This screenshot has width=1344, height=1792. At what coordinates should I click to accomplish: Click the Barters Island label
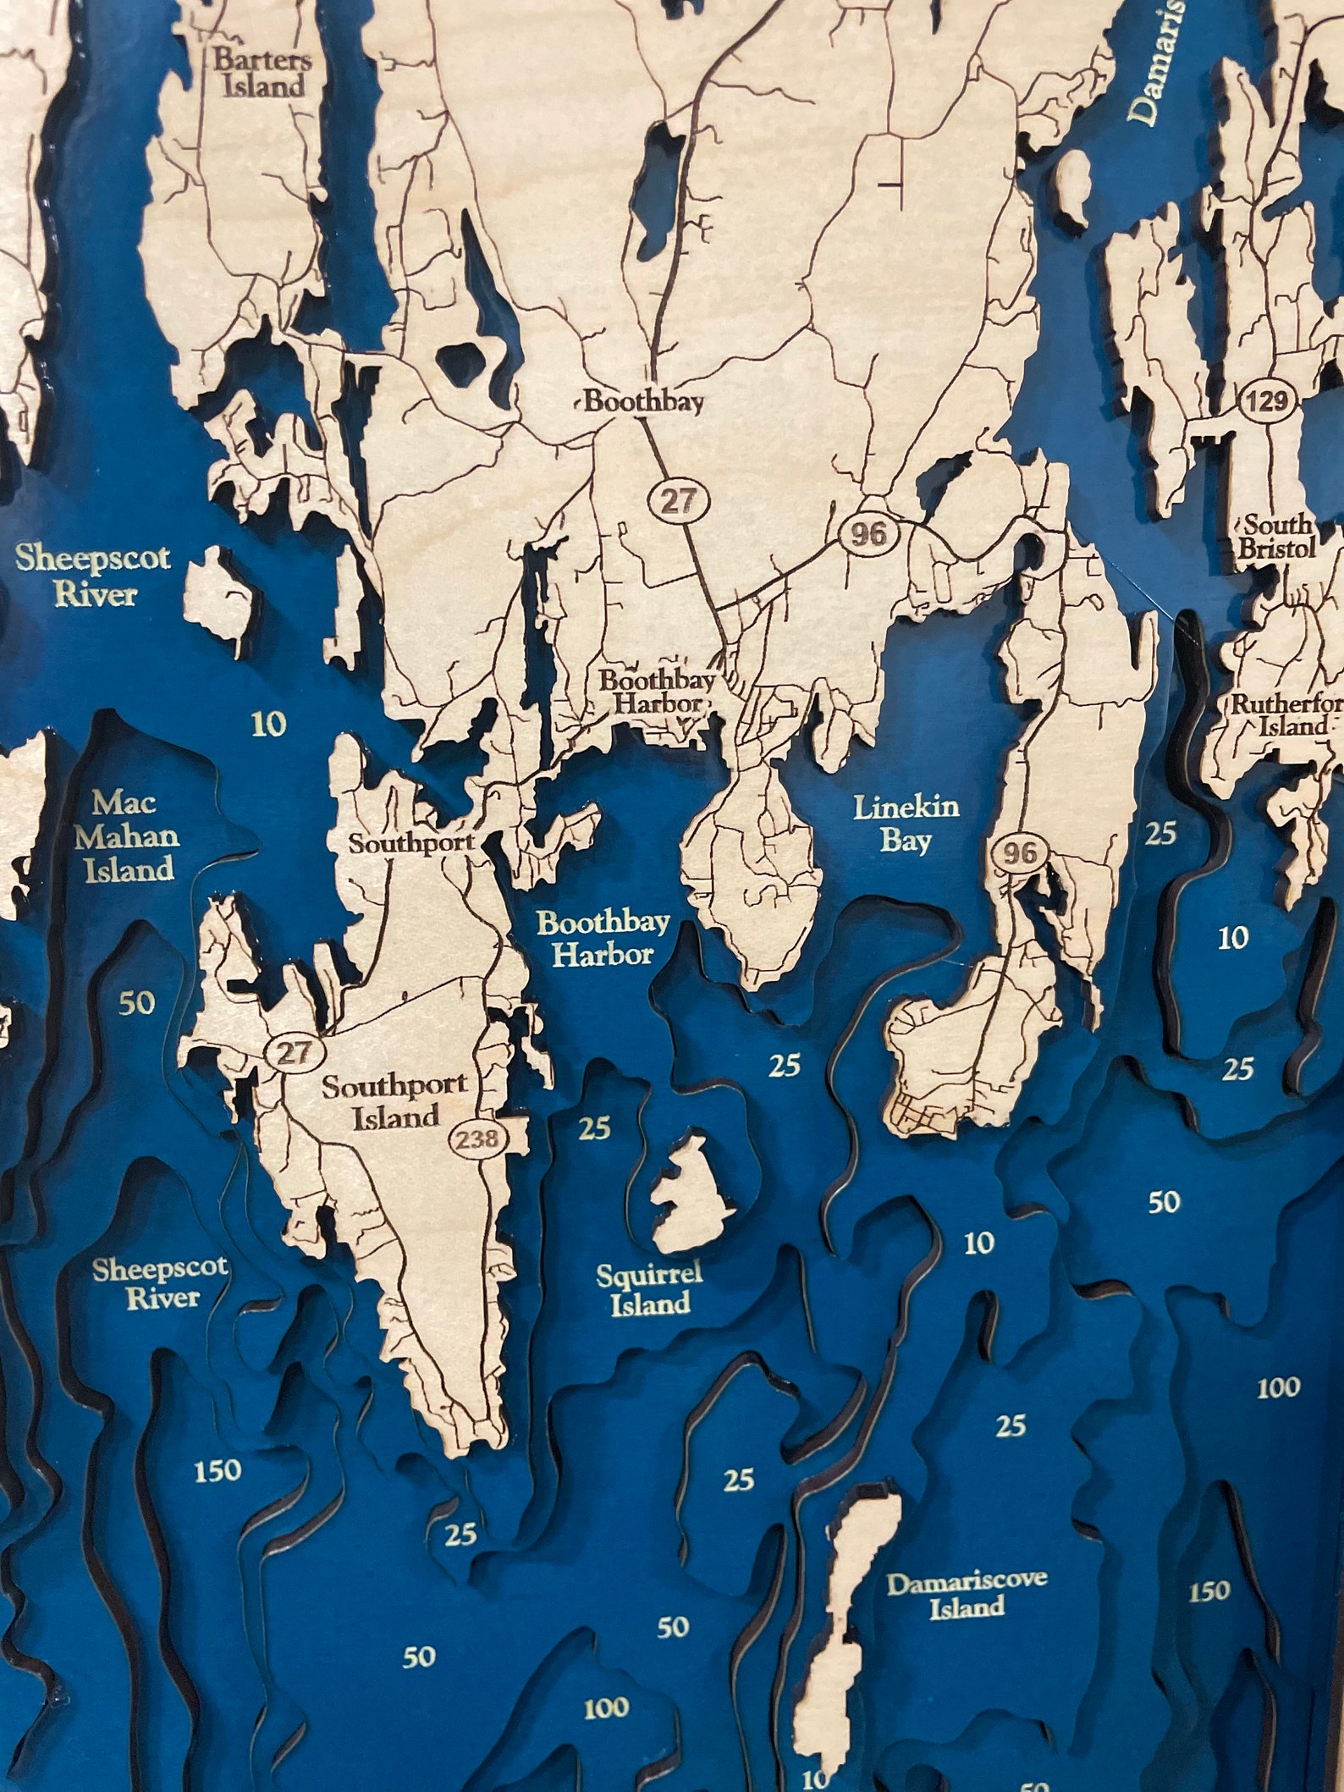click(x=262, y=73)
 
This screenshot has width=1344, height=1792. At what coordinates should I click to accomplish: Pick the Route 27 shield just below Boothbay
click(x=677, y=501)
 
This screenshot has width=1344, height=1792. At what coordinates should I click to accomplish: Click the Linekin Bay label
click(x=906, y=822)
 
